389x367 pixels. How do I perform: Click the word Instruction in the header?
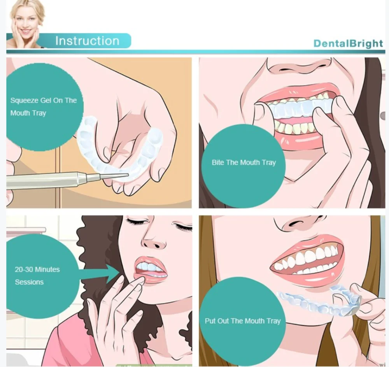pos(87,41)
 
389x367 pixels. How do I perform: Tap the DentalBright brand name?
pos(348,43)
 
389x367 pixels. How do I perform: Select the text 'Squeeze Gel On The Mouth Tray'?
pos(43,107)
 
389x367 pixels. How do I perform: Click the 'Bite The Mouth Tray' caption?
pos(244,163)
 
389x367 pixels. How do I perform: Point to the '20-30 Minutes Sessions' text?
pos(37,275)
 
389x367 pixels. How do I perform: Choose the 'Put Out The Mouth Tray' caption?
pos(243,321)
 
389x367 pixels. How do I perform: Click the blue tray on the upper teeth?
pos(300,107)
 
